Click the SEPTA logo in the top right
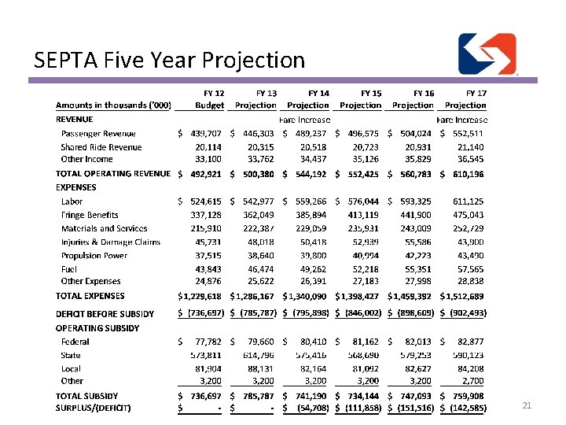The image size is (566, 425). click(487, 54)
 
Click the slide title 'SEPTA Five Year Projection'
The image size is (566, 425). click(169, 60)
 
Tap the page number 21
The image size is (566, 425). click(527, 405)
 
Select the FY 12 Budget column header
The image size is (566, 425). click(211, 99)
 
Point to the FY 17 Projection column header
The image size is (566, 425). click(467, 99)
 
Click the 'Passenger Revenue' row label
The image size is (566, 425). click(98, 134)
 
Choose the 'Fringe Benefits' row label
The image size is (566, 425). click(90, 215)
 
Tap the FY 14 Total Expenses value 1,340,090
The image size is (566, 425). click(308, 297)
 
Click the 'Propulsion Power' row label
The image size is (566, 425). click(94, 255)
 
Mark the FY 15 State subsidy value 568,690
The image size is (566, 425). click(362, 355)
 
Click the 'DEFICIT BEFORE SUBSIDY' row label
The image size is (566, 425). click(105, 314)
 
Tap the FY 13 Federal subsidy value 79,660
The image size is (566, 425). click(259, 342)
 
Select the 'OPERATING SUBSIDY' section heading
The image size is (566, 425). click(97, 328)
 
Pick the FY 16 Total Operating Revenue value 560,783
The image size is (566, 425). click(416, 174)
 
